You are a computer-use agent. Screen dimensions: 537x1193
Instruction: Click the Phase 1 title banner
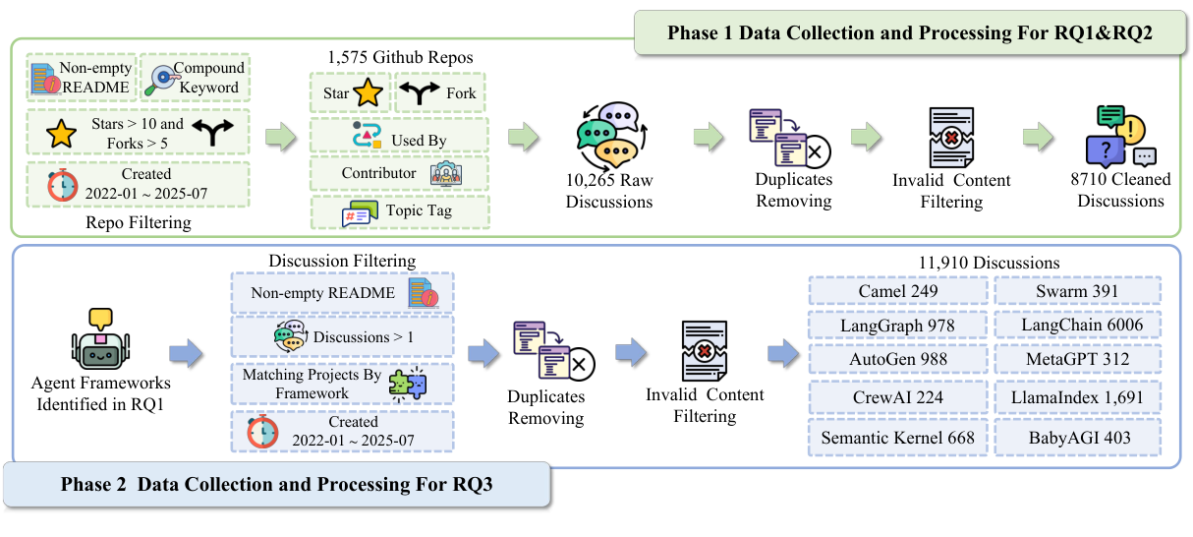coord(909,32)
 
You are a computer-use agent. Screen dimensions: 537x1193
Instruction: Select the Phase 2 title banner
coord(276,484)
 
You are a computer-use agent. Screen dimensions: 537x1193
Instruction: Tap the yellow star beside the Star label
coord(368,93)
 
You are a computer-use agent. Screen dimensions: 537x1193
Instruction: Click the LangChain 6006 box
coord(1077,325)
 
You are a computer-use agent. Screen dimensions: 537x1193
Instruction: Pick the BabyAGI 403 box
coord(1077,437)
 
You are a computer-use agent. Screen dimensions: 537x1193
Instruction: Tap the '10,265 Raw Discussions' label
coord(609,192)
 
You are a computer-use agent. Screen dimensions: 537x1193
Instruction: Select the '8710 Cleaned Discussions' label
coord(1120,190)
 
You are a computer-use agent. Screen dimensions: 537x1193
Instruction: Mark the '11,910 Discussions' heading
coord(989,263)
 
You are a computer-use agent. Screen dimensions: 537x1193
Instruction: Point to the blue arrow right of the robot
coord(187,353)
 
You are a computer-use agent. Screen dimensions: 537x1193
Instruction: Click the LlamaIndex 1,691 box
coord(1077,396)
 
